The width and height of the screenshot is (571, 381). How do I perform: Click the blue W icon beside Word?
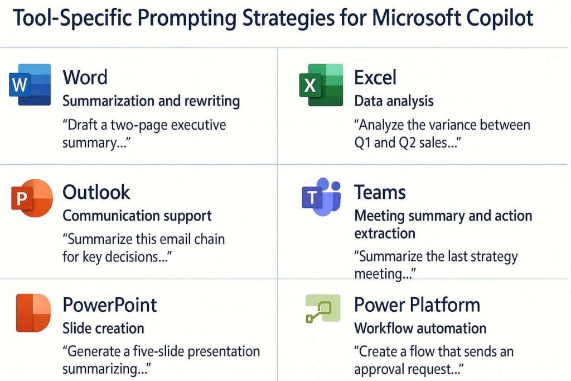pos(30,85)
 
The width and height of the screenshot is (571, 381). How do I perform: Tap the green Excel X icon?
pos(320,85)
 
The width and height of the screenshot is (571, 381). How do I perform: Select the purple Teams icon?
pos(320,197)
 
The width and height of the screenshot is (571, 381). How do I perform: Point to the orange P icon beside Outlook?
pos(31,198)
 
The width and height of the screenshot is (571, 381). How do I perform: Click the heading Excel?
pos(375,77)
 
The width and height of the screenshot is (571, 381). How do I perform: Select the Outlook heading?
pos(96,192)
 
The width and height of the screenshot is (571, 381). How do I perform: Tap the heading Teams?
pos(380,192)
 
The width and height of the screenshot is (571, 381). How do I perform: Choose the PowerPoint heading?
pos(110,305)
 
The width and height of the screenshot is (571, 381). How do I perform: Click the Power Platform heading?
pos(417,305)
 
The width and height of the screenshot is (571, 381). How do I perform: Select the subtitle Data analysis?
pos(394,101)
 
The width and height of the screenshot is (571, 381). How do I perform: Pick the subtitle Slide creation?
pos(103,328)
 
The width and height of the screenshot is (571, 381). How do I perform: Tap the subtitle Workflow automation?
pos(420,328)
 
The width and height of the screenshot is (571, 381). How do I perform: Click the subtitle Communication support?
pos(137,216)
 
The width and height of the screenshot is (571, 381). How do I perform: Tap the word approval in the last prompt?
pos(385,369)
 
